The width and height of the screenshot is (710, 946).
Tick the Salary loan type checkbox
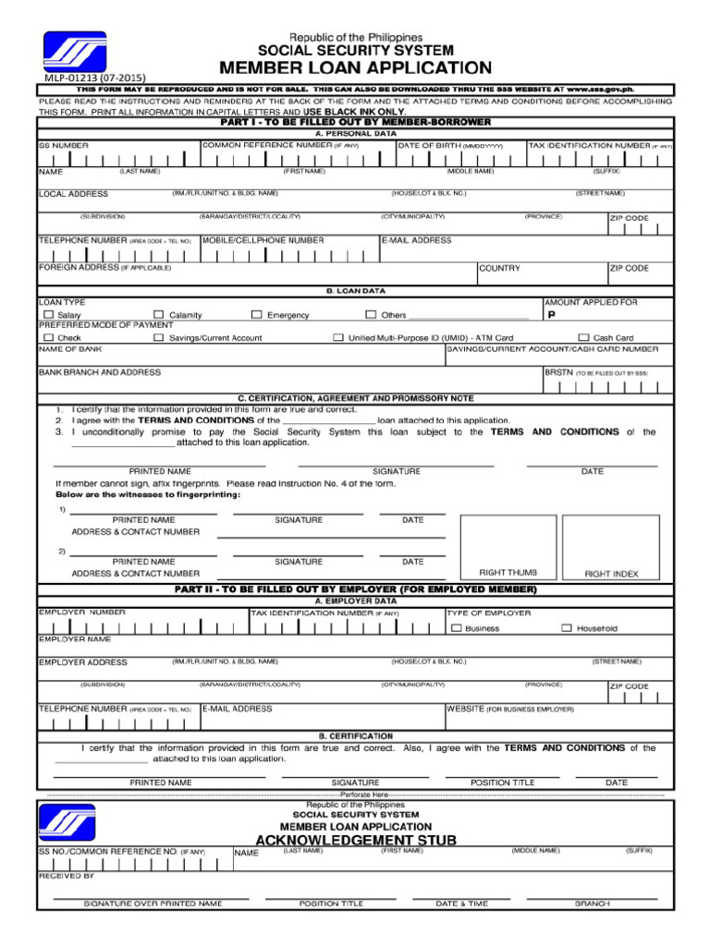[x=49, y=315]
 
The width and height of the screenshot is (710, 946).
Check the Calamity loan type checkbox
[x=159, y=315]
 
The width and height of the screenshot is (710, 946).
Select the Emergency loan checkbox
[x=257, y=315]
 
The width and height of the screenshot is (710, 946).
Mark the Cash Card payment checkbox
[x=582, y=338]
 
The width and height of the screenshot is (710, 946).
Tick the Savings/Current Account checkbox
[x=159, y=338]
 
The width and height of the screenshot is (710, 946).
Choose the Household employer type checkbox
[x=566, y=628]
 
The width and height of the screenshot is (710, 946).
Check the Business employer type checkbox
[x=456, y=628]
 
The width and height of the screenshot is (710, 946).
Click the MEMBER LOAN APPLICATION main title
[x=355, y=68]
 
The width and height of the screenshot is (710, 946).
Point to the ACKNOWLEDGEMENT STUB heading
[x=355, y=839]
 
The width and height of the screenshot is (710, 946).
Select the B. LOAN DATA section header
[x=355, y=290]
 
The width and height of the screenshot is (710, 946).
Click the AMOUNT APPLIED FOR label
[x=590, y=302]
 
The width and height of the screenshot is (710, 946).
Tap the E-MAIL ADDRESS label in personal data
[x=417, y=240]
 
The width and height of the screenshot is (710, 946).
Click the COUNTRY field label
[x=499, y=269]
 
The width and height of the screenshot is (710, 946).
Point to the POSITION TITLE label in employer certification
[x=502, y=782]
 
